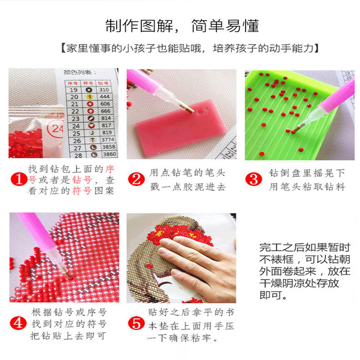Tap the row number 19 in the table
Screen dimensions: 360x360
(x=75, y=90)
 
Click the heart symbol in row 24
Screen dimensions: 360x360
(x=90, y=126)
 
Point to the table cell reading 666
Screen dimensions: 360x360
(x=105, y=111)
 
